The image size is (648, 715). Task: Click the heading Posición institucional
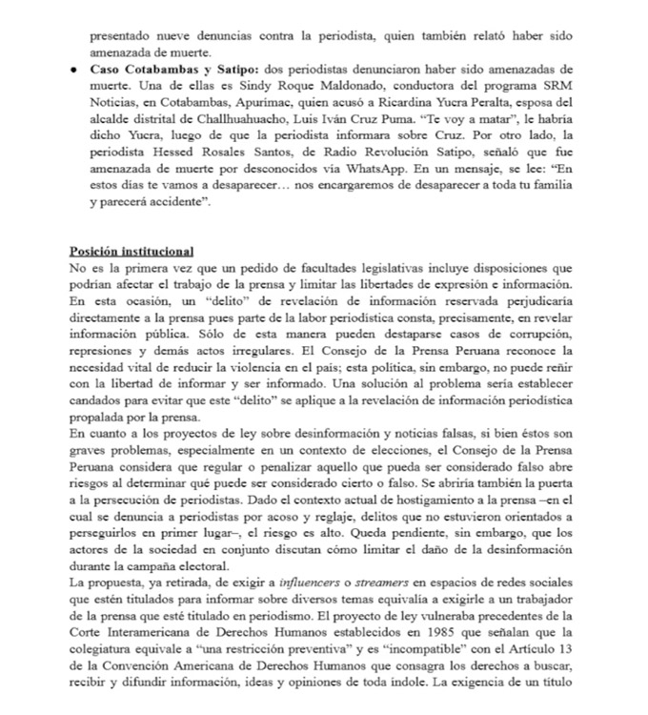click(x=132, y=251)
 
